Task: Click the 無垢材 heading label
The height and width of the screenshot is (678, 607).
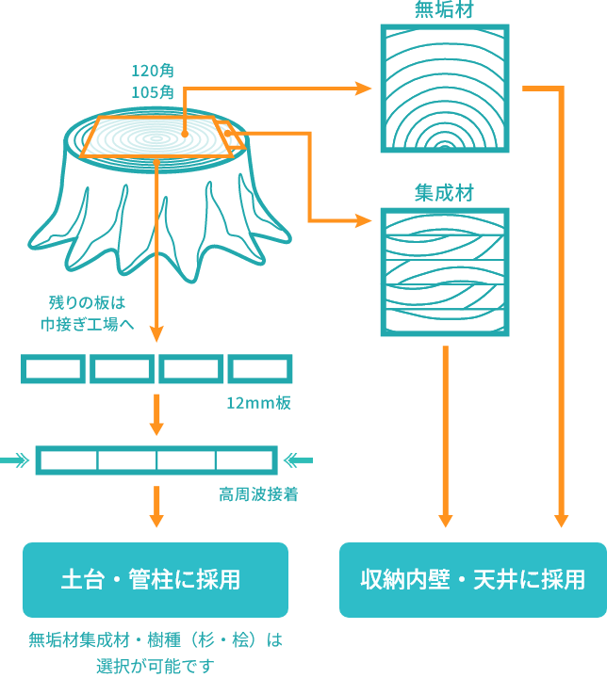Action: click(444, 10)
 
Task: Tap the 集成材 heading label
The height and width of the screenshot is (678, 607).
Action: click(444, 193)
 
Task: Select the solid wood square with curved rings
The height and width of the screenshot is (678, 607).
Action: click(445, 88)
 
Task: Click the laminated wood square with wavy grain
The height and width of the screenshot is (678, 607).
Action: click(445, 272)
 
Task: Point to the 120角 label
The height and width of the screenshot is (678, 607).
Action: click(153, 71)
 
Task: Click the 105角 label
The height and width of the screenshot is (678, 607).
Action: click(153, 91)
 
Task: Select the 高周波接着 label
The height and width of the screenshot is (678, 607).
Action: click(258, 494)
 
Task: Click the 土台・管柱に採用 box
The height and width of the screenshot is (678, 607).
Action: click(156, 579)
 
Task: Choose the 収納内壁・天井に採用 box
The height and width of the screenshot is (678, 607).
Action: click(473, 579)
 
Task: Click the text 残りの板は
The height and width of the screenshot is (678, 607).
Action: click(87, 303)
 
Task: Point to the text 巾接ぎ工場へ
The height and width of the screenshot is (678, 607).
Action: click(87, 325)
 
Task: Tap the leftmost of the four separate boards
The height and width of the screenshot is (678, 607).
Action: click(53, 369)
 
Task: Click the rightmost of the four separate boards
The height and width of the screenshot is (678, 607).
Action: click(260, 369)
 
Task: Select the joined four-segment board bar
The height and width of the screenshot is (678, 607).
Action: click(156, 460)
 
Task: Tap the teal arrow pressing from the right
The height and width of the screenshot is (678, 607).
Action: click(297, 460)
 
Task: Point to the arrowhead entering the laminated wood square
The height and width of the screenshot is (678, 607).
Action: click(366, 221)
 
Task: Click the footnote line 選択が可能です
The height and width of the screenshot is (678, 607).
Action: click(156, 665)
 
